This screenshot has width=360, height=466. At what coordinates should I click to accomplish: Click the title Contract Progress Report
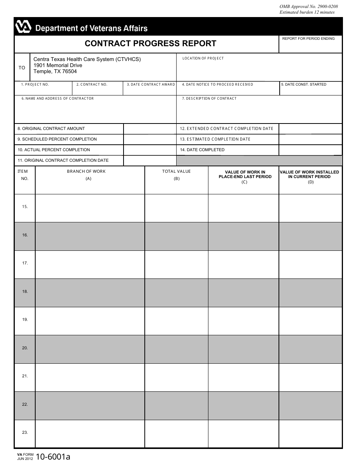(x=150, y=44)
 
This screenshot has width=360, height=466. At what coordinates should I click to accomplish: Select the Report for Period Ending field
(x=310, y=46)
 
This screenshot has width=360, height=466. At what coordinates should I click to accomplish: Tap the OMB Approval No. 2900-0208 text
(x=308, y=6)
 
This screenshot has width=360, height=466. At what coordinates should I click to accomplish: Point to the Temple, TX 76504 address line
(x=55, y=72)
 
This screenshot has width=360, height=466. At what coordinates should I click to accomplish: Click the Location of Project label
(x=203, y=58)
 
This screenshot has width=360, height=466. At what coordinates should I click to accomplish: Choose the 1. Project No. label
(x=35, y=84)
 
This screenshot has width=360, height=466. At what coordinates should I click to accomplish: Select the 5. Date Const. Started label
(x=304, y=84)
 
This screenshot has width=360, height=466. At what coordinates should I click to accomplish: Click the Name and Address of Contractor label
(x=58, y=99)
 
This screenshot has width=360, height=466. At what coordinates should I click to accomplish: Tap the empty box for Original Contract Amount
(x=150, y=129)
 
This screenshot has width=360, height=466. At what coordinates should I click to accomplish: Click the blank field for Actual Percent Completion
(x=150, y=150)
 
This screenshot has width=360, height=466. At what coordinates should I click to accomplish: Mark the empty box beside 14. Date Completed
(x=310, y=150)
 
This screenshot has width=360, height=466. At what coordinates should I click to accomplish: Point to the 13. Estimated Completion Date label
(x=215, y=139)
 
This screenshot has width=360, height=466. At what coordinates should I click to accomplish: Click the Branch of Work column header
(x=86, y=172)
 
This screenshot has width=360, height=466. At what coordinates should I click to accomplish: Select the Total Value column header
(x=176, y=172)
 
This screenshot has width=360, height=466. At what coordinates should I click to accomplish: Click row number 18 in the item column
(x=25, y=292)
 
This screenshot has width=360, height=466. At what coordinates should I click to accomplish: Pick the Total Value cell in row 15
(x=176, y=208)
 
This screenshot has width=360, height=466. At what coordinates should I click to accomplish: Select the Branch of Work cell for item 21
(x=90, y=377)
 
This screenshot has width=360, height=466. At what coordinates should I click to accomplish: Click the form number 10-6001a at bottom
(x=53, y=457)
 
